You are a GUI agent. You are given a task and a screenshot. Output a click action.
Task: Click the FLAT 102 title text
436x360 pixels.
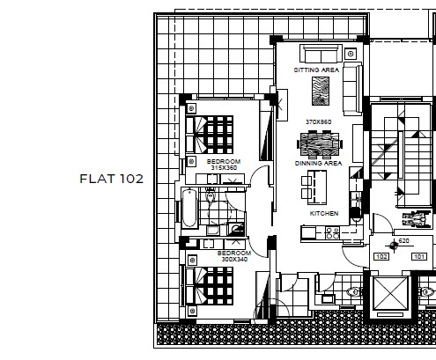(x=112, y=179)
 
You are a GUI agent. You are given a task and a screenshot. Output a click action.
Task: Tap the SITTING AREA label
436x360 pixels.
(x=316, y=70)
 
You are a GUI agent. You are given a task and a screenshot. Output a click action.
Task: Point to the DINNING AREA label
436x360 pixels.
(x=319, y=163)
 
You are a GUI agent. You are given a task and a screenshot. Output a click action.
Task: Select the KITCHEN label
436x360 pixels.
(x=324, y=213)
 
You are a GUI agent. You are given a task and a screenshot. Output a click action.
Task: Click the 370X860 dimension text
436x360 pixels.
(x=319, y=121)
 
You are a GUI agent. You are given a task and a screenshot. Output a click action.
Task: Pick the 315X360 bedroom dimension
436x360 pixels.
(x=224, y=168)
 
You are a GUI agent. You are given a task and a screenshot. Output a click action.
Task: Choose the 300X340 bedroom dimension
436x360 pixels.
(x=234, y=260)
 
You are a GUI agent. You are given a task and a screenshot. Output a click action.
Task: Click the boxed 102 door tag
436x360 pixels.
(x=381, y=257)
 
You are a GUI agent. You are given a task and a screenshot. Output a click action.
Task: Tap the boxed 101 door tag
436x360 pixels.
(x=419, y=257)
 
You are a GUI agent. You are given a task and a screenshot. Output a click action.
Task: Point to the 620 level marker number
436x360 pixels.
(x=404, y=241)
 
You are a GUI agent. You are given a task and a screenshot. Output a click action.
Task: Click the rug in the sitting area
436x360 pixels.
(x=321, y=91)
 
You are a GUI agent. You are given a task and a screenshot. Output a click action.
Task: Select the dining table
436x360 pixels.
(x=320, y=144)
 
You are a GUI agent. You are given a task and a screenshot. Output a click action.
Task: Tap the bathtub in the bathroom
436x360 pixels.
(x=189, y=209)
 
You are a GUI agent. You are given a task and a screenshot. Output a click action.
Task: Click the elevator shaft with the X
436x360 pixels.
(x=390, y=293)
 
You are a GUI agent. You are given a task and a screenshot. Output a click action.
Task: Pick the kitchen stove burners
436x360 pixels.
(x=333, y=233)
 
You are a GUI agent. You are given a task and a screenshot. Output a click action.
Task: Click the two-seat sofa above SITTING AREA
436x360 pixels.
(x=321, y=54)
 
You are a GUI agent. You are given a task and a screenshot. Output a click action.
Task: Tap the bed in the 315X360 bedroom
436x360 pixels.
(x=210, y=135)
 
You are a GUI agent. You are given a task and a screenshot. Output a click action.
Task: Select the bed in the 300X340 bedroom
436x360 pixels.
(x=210, y=286)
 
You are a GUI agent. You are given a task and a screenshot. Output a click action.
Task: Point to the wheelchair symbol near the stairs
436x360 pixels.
(x=414, y=218)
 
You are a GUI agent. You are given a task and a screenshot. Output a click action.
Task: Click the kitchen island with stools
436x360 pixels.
(x=314, y=187)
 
